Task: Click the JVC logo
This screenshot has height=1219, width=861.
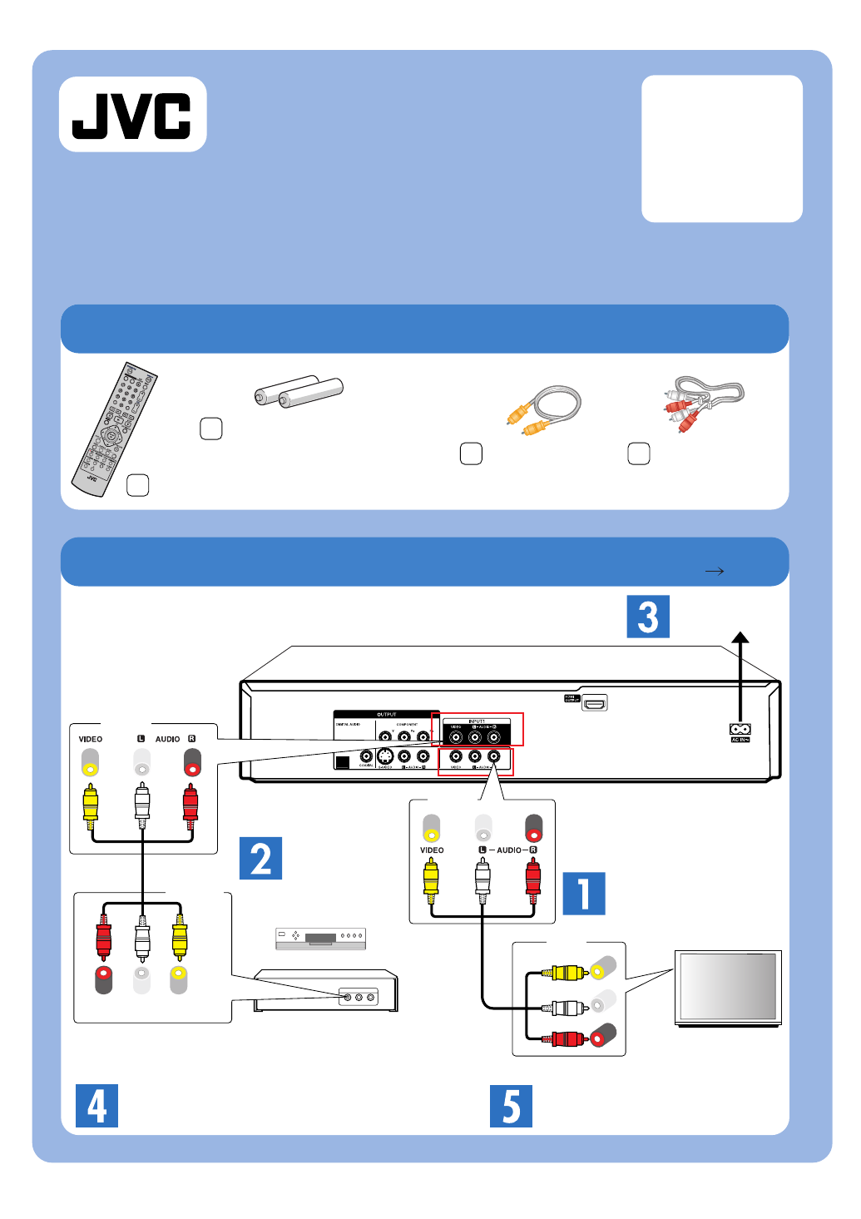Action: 132,115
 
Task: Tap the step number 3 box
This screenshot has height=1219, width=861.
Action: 648,617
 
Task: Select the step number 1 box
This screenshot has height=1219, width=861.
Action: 584,894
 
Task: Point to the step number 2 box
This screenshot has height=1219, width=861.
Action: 260,858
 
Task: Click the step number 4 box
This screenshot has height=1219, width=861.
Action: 96,1106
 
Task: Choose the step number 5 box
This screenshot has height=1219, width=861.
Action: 511,1106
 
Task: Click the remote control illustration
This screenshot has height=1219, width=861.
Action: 113,428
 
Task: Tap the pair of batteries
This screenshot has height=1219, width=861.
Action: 299,391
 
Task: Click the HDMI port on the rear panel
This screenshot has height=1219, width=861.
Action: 594,703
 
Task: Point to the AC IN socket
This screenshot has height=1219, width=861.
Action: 740,729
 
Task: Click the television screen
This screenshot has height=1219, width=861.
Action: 728,986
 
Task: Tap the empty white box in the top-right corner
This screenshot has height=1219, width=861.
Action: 722,149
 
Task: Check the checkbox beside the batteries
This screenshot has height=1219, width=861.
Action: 211,429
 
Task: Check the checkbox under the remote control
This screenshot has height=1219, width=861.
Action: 137,485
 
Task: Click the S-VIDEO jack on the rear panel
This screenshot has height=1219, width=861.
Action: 385,756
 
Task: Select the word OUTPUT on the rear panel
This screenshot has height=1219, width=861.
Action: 386,714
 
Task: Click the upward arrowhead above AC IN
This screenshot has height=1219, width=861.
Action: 740,637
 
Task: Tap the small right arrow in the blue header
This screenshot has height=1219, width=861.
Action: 714,571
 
